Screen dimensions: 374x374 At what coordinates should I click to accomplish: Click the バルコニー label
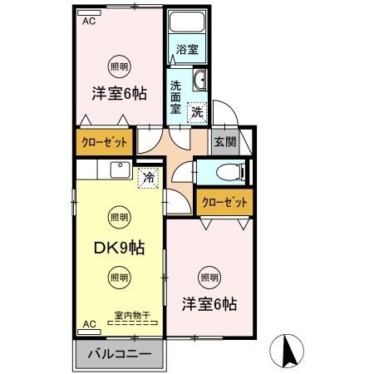point(119,354)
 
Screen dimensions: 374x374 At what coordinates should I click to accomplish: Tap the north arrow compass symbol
point(288,350)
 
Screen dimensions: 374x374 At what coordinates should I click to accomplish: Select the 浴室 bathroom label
point(187,49)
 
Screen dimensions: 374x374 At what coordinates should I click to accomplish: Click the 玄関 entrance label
point(224,141)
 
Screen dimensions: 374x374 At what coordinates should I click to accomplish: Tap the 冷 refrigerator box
point(148,176)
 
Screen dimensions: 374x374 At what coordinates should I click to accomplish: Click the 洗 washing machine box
point(197,111)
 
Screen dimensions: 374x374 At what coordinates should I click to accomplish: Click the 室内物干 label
point(132,315)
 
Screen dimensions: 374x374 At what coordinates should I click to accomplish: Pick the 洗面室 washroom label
point(176,96)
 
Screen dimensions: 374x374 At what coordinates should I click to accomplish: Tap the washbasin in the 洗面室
point(200,81)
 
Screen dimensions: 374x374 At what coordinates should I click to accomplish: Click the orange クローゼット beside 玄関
point(224,201)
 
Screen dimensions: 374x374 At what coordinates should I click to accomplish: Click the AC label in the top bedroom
point(88,22)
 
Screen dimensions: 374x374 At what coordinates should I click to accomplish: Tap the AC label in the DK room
point(88,323)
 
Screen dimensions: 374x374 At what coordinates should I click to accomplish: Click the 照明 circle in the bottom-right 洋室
point(209,277)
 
